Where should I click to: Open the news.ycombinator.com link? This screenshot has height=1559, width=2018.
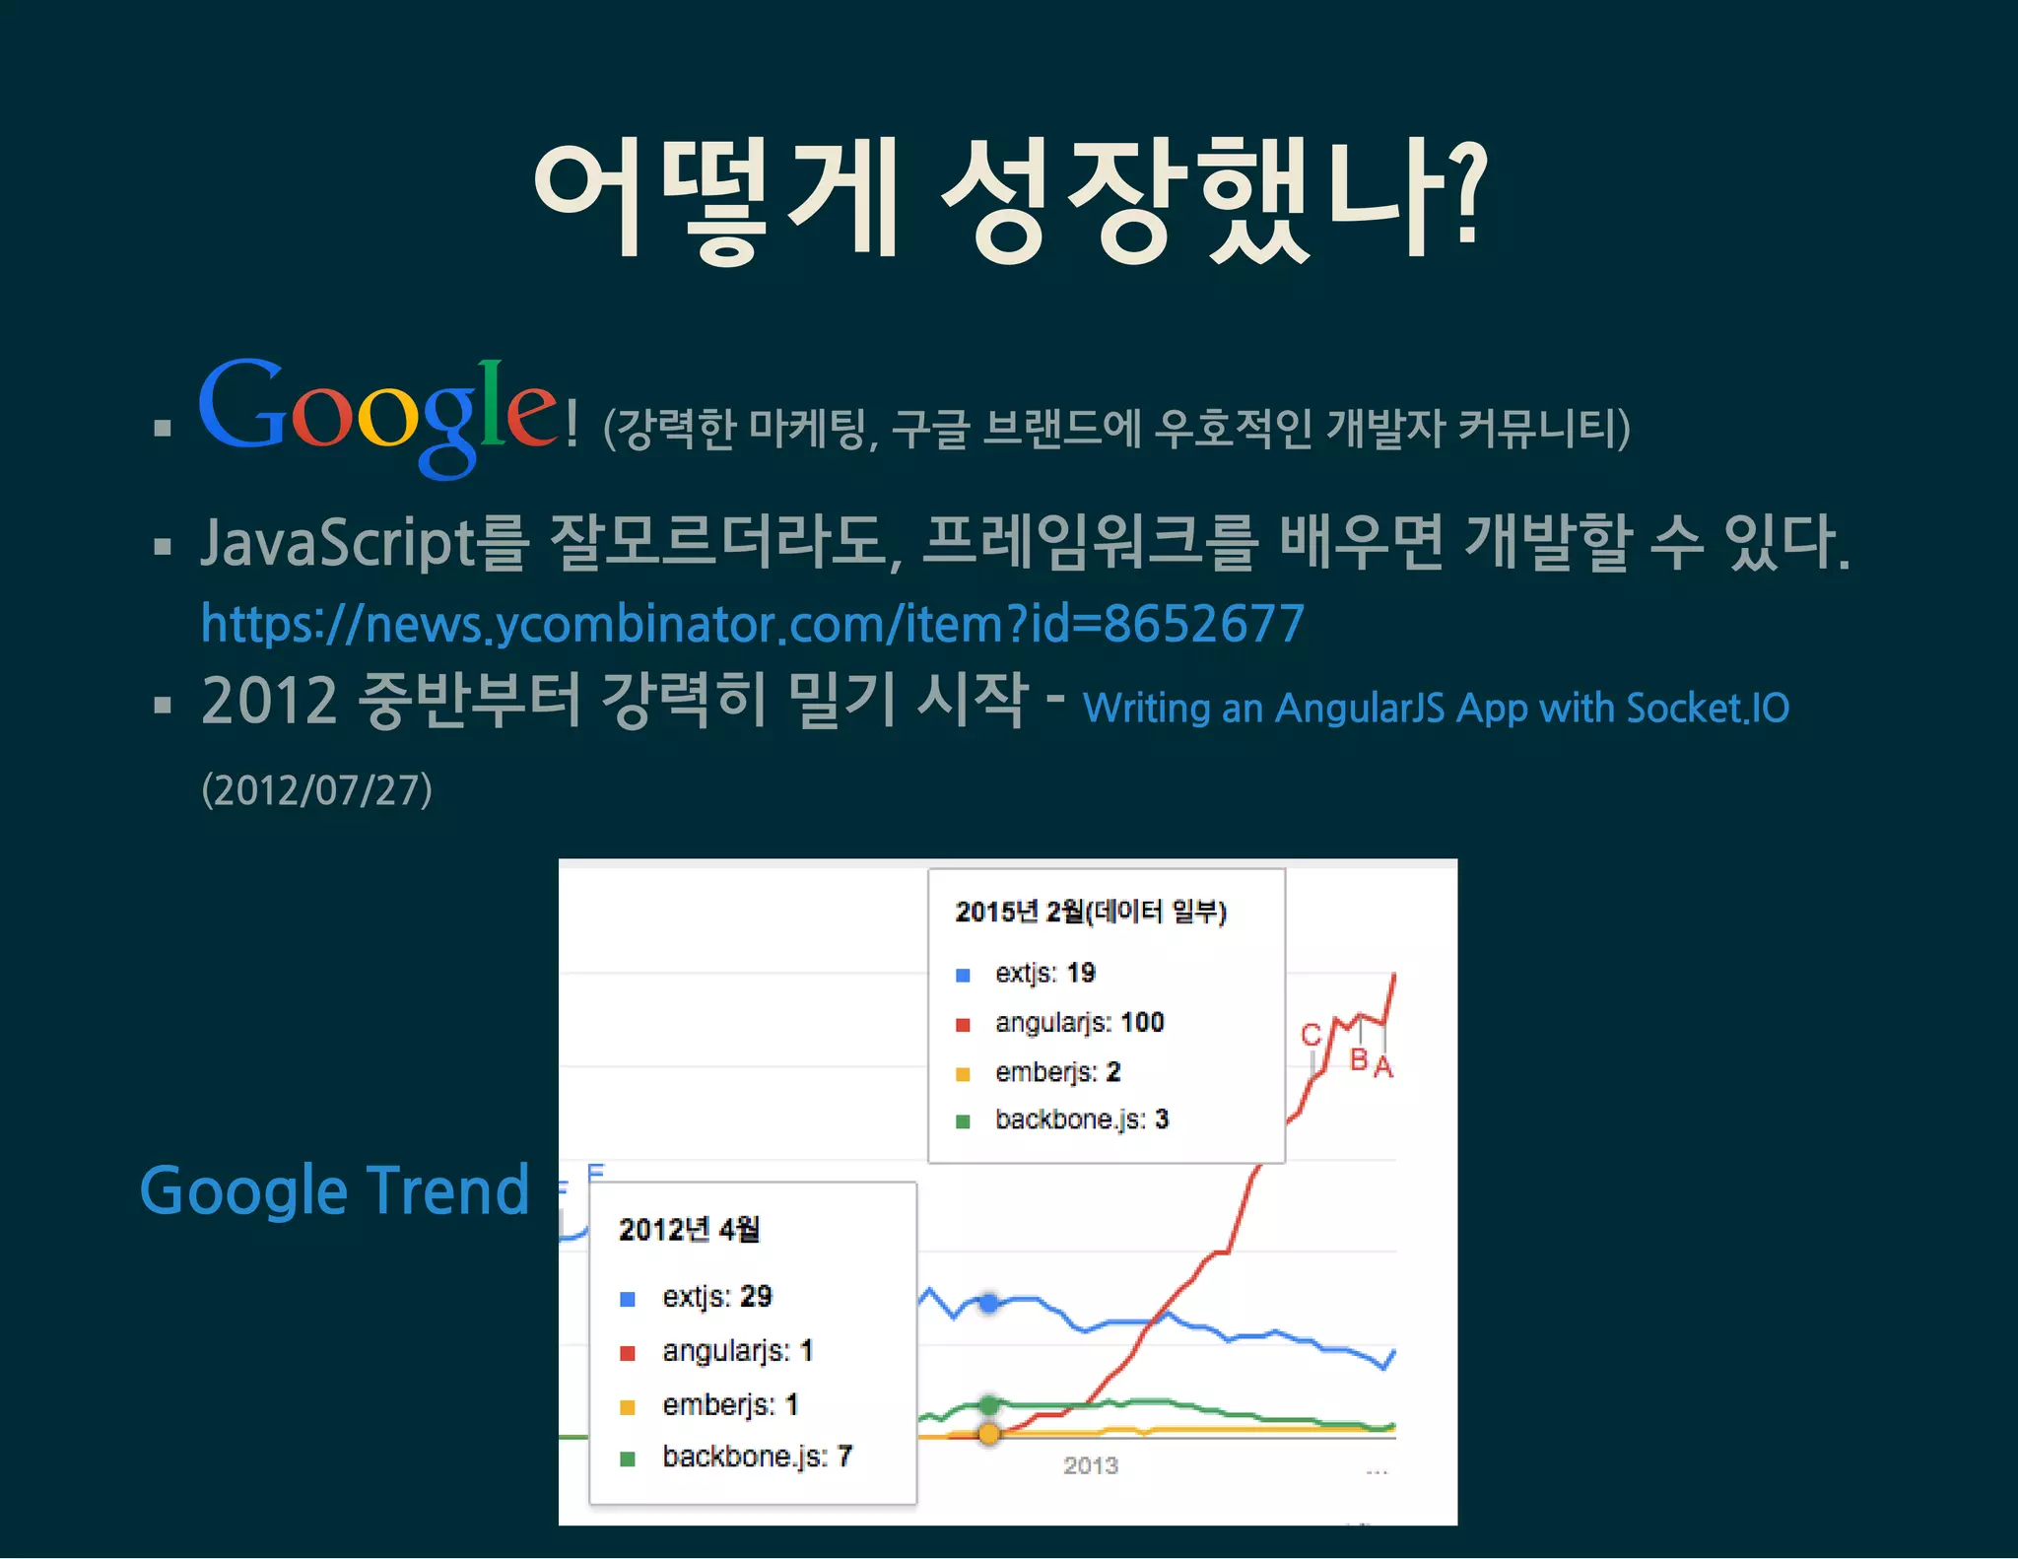point(753,624)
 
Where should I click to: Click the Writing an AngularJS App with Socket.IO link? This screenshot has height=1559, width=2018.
point(1436,708)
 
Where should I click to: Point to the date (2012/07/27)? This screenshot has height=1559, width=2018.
point(316,790)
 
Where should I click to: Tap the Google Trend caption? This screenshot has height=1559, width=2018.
point(335,1190)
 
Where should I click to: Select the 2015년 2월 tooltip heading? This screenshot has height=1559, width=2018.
point(1091,912)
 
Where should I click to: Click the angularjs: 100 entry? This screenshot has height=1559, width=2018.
point(1079,1023)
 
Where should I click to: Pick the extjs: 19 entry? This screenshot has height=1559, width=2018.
point(1044,974)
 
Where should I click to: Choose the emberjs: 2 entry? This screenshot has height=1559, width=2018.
point(1057,1072)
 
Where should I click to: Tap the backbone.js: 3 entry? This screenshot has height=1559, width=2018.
point(1081,1119)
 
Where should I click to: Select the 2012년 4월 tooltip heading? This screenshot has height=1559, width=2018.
point(689,1230)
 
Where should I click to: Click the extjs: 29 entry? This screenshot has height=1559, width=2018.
point(716,1297)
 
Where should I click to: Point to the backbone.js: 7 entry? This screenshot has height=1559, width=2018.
point(756,1457)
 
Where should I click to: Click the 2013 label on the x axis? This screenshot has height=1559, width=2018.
point(1090,1466)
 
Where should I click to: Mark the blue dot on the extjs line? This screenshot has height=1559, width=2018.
point(989,1304)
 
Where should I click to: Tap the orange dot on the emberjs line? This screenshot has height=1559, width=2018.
point(989,1434)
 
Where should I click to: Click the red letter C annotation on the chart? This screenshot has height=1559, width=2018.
point(1311,1035)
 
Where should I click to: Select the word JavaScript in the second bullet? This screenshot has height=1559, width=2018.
point(338,543)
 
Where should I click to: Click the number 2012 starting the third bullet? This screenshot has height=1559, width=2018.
point(269,701)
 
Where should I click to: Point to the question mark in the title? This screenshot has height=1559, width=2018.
point(1467,193)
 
